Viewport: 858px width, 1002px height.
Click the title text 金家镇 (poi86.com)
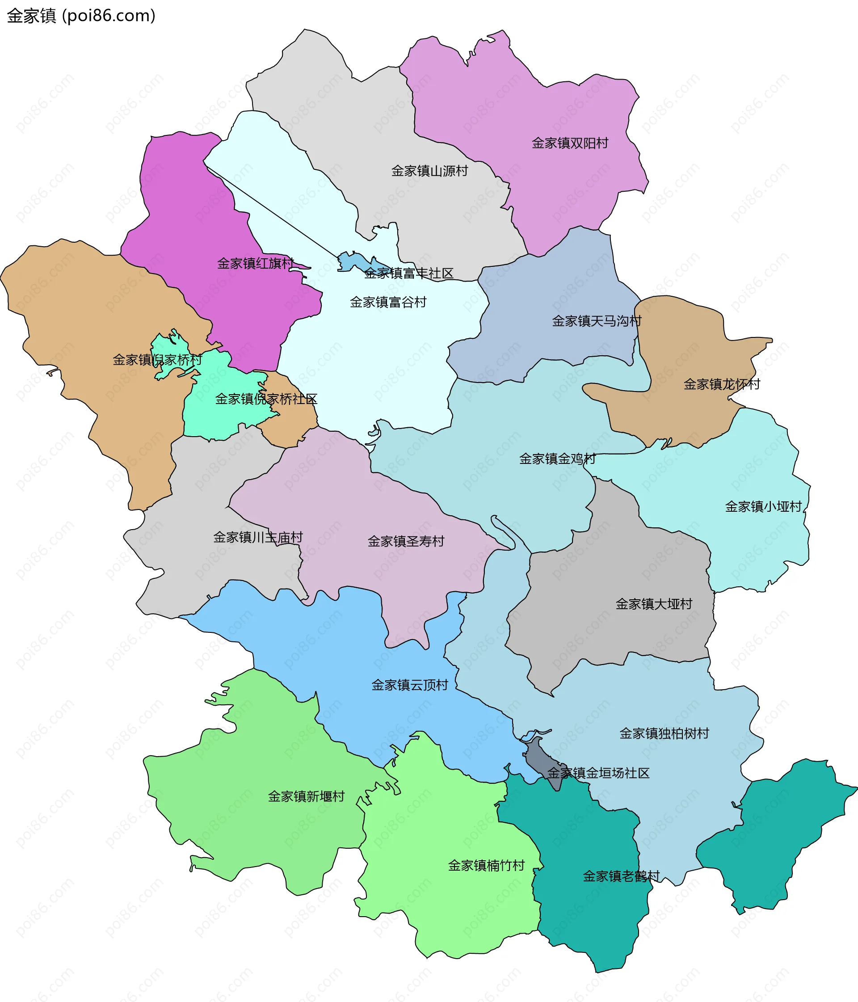(x=81, y=16)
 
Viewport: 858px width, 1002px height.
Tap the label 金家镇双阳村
(x=570, y=143)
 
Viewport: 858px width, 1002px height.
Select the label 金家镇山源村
(x=429, y=171)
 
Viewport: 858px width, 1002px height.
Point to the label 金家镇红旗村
(x=255, y=264)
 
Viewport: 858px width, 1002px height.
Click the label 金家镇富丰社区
(x=409, y=274)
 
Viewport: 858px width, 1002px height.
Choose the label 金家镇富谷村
(x=388, y=302)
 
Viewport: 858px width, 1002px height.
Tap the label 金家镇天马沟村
(x=596, y=321)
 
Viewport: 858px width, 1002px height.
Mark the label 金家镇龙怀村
(x=722, y=384)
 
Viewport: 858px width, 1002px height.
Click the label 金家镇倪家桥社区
(x=266, y=399)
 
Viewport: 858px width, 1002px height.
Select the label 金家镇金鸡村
(x=557, y=459)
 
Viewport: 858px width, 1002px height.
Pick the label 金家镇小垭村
(x=763, y=507)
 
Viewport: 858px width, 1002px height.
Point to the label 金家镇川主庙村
(x=258, y=537)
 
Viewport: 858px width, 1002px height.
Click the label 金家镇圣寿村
(x=406, y=541)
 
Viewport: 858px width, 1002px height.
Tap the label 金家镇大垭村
(x=653, y=604)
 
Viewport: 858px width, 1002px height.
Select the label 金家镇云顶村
(x=410, y=685)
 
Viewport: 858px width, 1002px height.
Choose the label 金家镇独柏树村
(x=664, y=733)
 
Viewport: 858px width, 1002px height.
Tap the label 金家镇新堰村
(x=306, y=796)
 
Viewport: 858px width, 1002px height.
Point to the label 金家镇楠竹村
(x=486, y=866)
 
